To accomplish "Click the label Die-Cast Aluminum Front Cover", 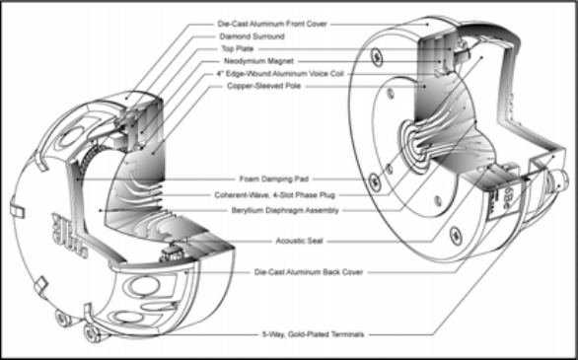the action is [272, 24].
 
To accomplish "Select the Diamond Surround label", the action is [252, 36].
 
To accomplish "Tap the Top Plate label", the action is [238, 48].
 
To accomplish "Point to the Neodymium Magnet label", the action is [258, 61].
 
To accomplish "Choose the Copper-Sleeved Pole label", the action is [264, 86].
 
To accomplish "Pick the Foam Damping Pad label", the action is [274, 180].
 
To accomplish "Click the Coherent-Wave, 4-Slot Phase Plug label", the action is [274, 195].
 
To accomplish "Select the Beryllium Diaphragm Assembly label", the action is [285, 210].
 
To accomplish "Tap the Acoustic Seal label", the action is [299, 241].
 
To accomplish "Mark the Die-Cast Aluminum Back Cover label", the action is [309, 272].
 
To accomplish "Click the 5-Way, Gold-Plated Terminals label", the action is [313, 334].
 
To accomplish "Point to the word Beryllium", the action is [248, 210].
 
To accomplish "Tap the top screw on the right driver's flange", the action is [377, 57].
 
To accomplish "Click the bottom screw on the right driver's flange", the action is [456, 235].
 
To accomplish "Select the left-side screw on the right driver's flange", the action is [375, 181].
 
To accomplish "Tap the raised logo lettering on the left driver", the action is [70, 235].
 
